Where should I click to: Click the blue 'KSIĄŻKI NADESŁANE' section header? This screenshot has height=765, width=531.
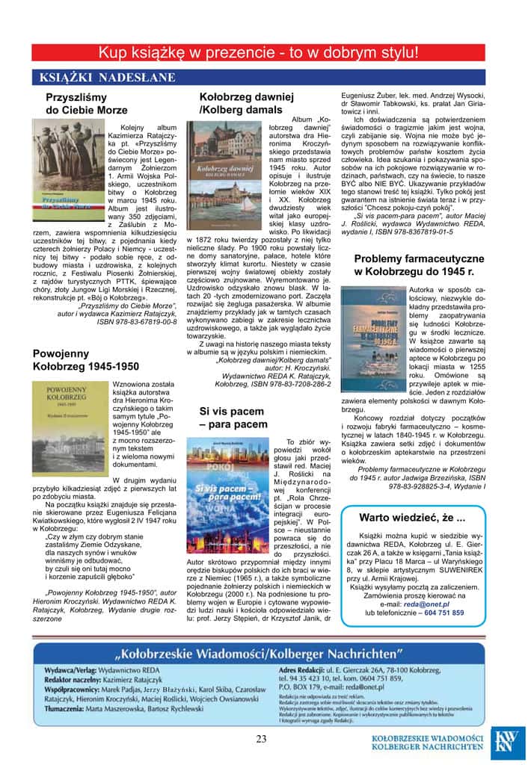click(94, 77)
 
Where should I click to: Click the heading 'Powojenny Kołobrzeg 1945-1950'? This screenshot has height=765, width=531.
click(86, 360)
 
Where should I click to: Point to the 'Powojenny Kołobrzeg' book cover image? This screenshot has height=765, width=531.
click(70, 428)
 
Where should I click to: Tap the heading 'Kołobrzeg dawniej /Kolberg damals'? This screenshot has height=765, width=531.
click(246, 104)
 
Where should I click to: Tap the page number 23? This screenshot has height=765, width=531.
click(261, 740)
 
